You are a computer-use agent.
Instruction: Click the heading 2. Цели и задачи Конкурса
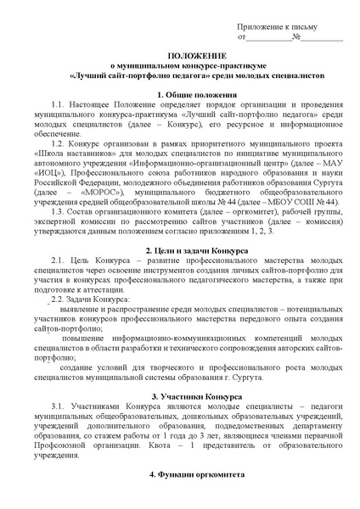click(180, 252)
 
